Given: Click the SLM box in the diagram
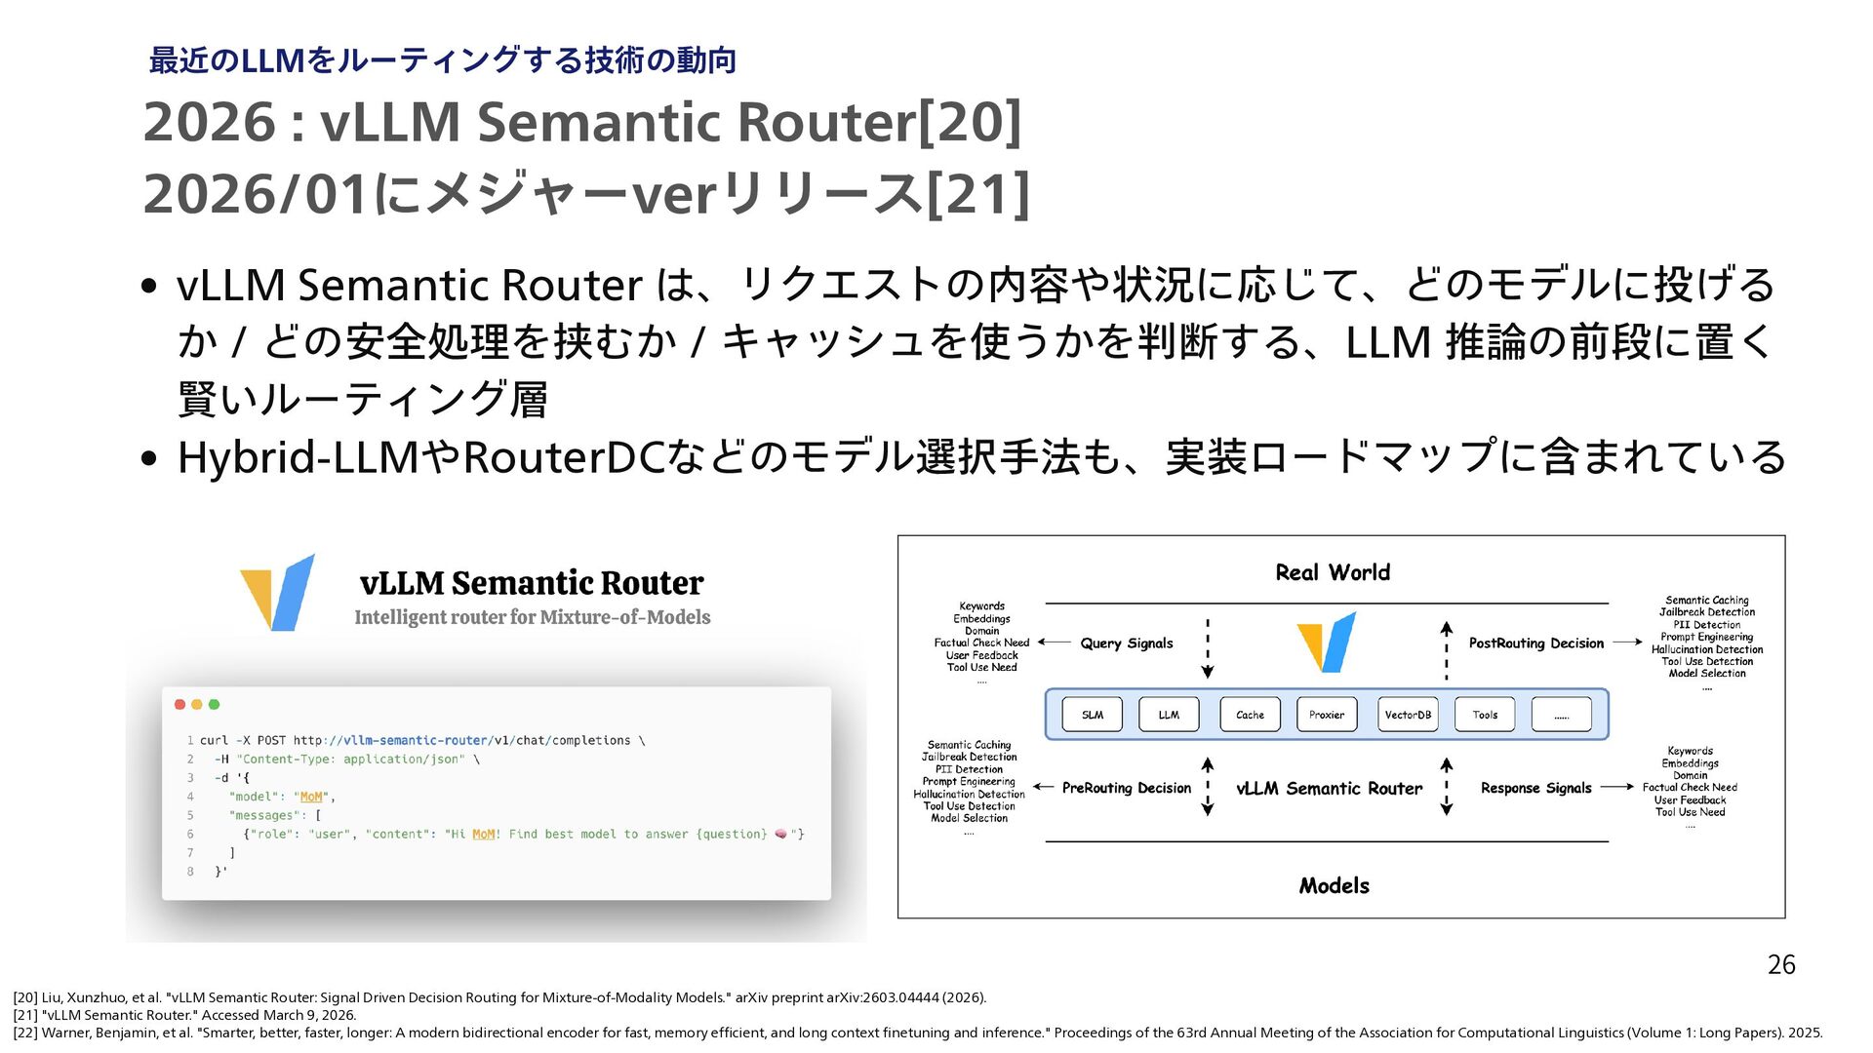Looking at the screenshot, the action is click(x=1092, y=715).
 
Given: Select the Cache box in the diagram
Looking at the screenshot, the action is click(x=1250, y=715).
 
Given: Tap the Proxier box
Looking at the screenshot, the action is click(x=1327, y=715).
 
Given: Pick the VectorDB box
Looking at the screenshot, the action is click(x=1408, y=715).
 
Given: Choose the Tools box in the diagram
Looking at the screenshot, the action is click(x=1485, y=715).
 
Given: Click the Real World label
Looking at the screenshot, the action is click(x=1333, y=572).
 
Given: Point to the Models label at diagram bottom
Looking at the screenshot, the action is click(x=1334, y=885).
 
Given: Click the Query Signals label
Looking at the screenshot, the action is click(x=1127, y=643).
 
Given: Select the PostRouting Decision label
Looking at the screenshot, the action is click(x=1536, y=643).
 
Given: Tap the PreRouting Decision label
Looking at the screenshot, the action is click(x=1127, y=788).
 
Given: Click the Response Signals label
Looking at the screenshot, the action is click(x=1536, y=788).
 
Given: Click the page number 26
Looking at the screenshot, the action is click(x=1781, y=965).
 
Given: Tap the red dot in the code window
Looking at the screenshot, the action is click(x=179, y=704).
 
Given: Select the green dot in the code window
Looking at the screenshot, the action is click(x=215, y=704).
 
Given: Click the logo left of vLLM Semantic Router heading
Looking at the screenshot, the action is click(x=279, y=592).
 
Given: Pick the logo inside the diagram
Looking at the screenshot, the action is click(x=1327, y=642).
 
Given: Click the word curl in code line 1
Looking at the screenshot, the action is click(x=214, y=740).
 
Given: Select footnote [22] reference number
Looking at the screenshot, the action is click(x=25, y=1033).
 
